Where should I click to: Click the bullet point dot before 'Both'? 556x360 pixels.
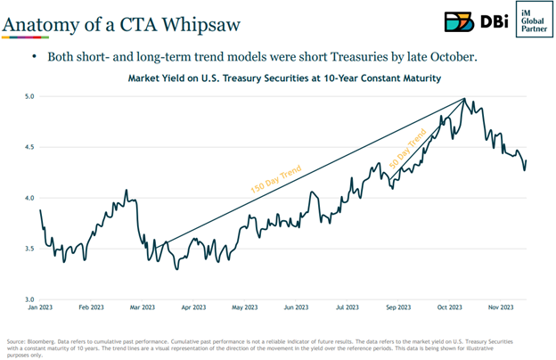pyautogui.click(x=34, y=55)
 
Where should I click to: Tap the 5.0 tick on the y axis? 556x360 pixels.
pyautogui.click(x=28, y=95)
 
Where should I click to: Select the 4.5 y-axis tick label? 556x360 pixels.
pyautogui.click(x=28, y=147)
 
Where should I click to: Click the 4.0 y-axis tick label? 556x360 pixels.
pyautogui.click(x=28, y=198)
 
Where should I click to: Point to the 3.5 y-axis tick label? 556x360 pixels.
pyautogui.click(x=28, y=249)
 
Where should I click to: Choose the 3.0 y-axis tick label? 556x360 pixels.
pyautogui.click(x=28, y=299)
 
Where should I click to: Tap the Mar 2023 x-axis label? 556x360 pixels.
pyautogui.click(x=142, y=308)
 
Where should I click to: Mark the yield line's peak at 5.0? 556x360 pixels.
pyautogui.click(x=464, y=99)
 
